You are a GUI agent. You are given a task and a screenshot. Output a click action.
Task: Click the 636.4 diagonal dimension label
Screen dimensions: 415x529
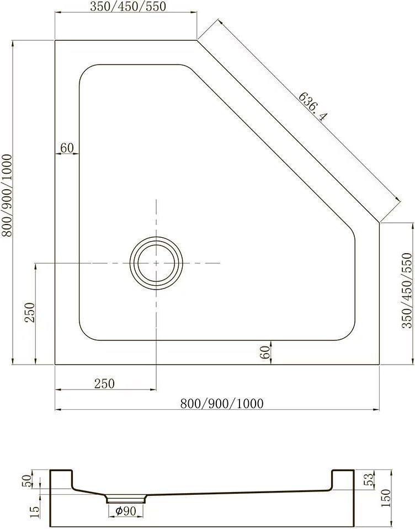click(x=313, y=106)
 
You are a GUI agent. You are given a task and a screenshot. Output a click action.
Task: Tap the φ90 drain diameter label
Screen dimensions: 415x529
click(x=125, y=511)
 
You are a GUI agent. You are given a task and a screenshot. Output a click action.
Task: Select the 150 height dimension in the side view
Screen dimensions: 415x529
click(x=386, y=498)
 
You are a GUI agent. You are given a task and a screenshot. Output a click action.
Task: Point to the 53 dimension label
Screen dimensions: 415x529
click(x=369, y=479)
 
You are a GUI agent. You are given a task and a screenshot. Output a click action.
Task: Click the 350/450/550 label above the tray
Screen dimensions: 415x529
click(x=128, y=7)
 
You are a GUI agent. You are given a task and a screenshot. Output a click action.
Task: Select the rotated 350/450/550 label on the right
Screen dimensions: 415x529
click(x=407, y=290)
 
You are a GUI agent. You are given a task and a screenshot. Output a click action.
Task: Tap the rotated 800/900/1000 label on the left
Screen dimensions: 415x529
click(x=7, y=196)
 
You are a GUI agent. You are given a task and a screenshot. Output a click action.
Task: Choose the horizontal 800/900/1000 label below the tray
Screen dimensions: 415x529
click(x=222, y=403)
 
